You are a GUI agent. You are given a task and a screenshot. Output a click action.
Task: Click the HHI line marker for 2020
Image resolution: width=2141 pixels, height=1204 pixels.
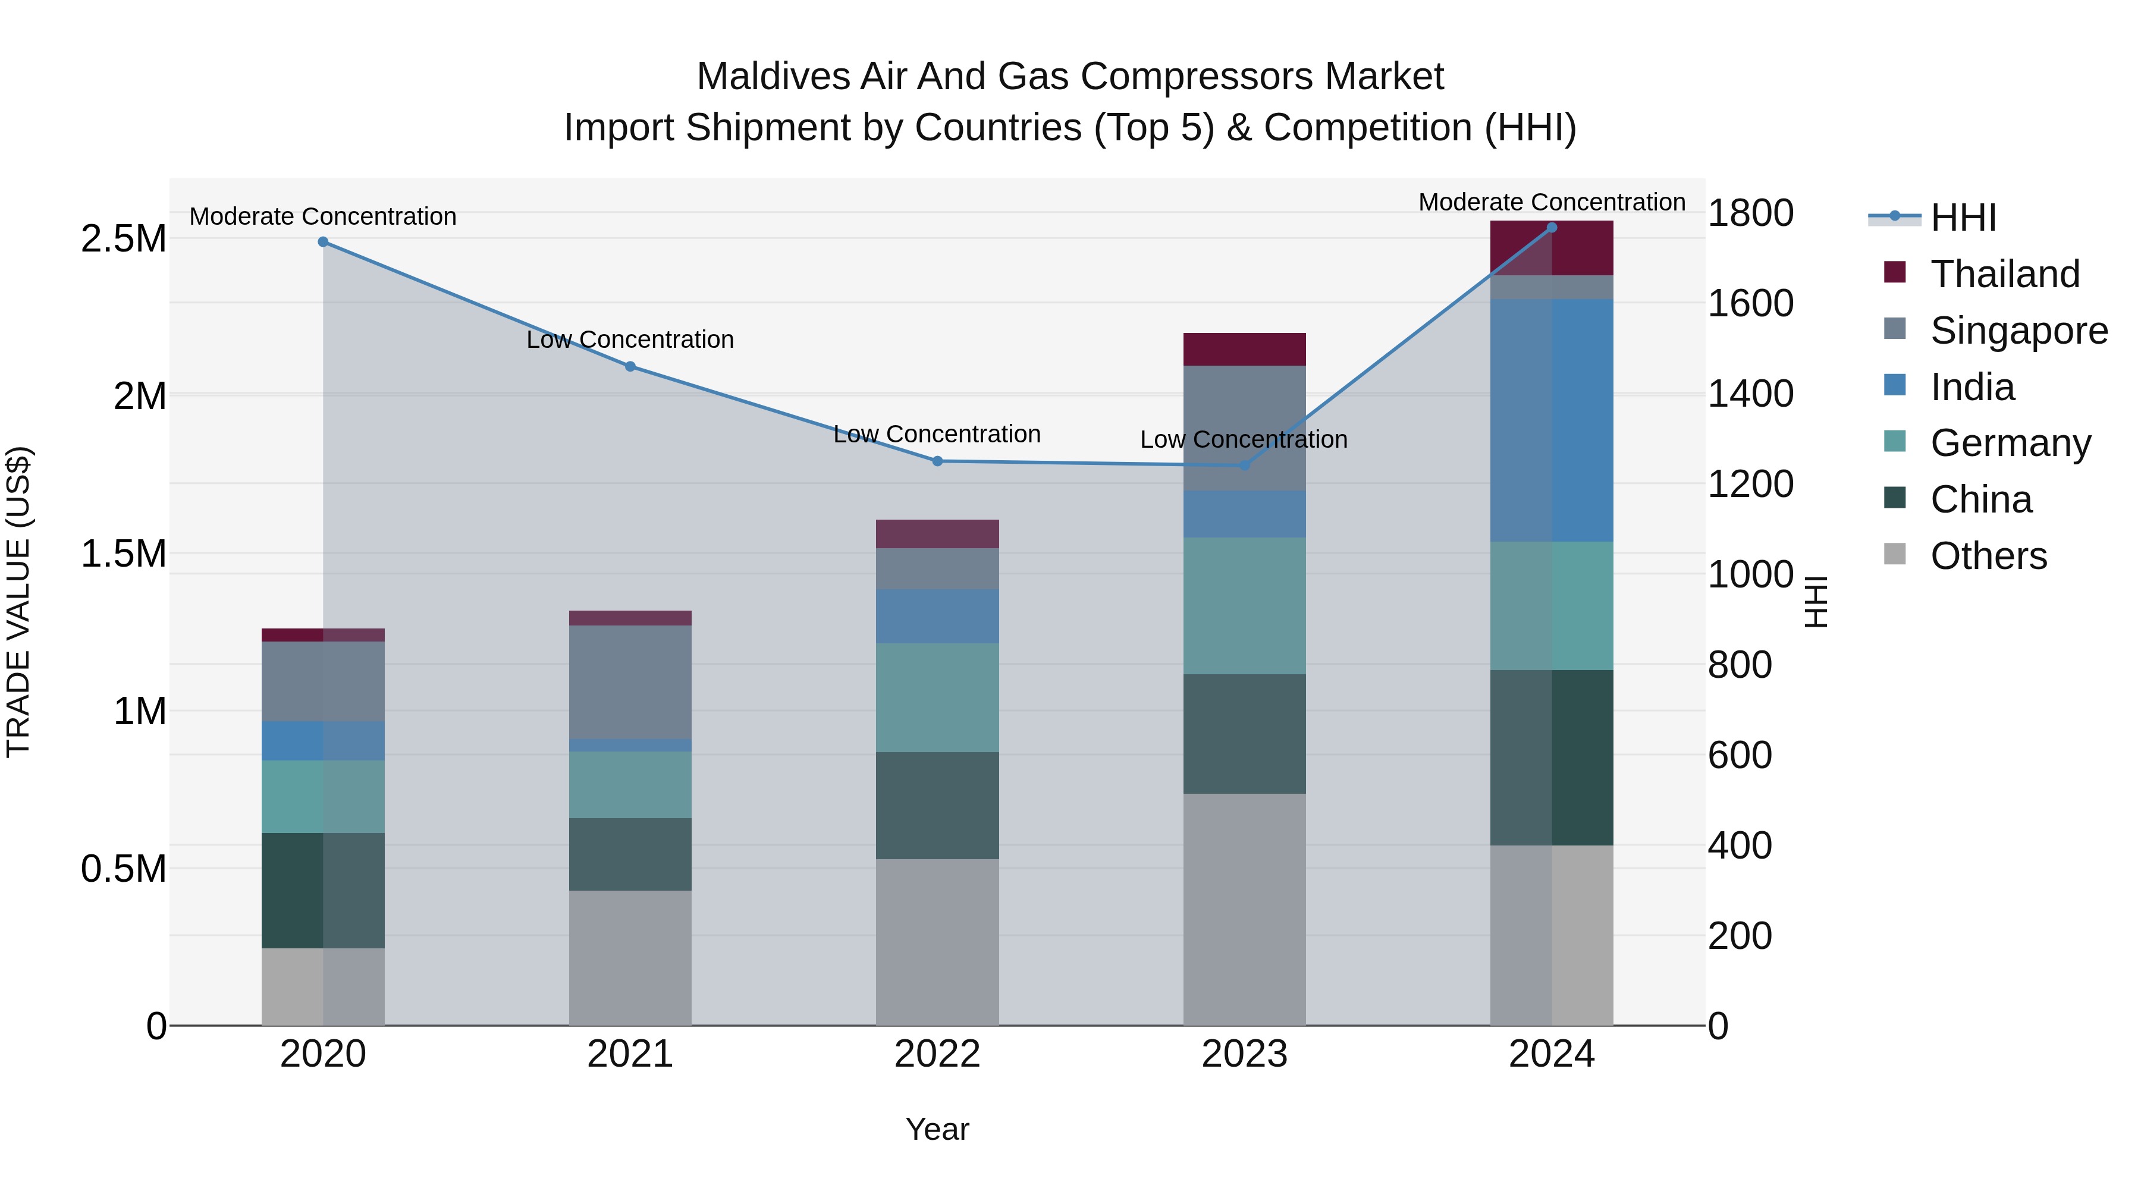[324, 242]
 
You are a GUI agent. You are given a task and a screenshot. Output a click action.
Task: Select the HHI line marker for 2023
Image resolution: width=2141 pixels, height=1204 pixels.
[1244, 466]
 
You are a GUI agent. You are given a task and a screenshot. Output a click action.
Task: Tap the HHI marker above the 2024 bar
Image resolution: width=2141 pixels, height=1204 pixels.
[1551, 228]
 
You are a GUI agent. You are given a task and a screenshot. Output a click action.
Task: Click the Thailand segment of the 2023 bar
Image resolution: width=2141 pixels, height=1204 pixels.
[1244, 349]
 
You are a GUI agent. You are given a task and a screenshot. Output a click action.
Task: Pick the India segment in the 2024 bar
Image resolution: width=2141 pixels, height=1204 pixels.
[1551, 420]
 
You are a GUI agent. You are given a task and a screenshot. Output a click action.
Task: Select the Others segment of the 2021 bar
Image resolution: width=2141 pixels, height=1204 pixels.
[630, 957]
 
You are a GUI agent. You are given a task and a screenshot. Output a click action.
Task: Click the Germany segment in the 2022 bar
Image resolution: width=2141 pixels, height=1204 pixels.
[937, 698]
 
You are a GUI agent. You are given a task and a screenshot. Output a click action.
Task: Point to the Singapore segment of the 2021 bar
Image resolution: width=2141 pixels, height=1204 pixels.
[630, 681]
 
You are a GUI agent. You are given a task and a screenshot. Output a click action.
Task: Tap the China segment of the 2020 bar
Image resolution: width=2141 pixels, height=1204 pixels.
[324, 890]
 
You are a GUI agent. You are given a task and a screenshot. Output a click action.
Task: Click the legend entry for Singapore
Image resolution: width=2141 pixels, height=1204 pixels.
[2018, 331]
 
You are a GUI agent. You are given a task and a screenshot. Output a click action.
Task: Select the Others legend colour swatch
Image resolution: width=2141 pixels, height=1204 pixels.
[1894, 554]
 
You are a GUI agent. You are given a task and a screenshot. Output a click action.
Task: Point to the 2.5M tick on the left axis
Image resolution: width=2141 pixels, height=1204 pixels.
[123, 239]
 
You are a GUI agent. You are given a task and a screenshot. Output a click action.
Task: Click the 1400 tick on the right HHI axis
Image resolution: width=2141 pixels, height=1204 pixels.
[1750, 394]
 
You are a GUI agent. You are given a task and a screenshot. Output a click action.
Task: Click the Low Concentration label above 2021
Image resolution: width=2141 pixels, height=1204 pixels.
[630, 340]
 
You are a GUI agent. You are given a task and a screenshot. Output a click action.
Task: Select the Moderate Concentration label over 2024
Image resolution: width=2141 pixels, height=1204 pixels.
[1551, 202]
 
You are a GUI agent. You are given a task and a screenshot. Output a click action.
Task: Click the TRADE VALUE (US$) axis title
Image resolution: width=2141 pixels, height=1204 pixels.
[18, 602]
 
